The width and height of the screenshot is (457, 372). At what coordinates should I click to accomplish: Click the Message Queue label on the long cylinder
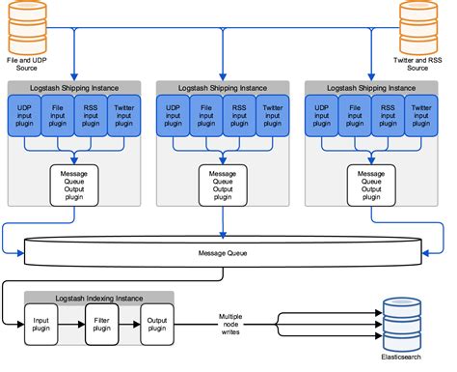(x=225, y=255)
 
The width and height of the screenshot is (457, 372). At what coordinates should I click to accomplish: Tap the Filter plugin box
(x=101, y=323)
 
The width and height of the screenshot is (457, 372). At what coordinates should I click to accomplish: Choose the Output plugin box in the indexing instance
(x=156, y=323)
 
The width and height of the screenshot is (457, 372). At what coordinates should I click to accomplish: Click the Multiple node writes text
(x=228, y=324)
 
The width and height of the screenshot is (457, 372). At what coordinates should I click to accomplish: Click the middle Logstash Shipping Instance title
(x=224, y=87)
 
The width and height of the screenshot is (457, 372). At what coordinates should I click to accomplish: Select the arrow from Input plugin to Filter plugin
(x=73, y=323)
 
